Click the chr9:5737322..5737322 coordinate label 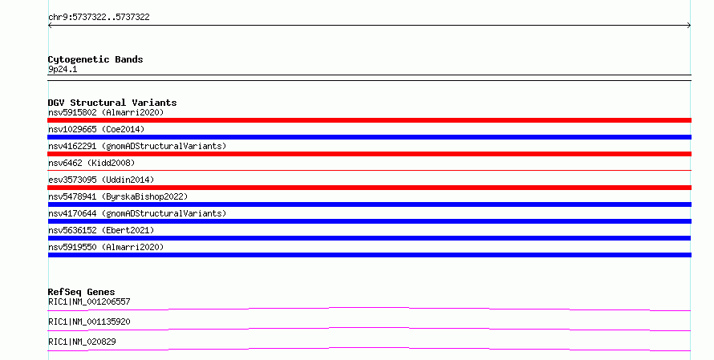(99, 18)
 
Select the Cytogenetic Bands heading (95, 59)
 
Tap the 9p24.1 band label (63, 70)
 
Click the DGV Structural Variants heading (112, 103)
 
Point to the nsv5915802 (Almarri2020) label (106, 112)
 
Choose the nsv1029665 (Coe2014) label (96, 129)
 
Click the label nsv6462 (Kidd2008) (91, 163)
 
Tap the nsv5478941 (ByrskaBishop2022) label (118, 196)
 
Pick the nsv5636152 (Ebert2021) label (101, 230)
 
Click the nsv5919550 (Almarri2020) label (106, 247)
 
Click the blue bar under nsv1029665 (369, 137)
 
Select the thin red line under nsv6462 (369, 170)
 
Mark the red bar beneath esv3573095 (369, 188)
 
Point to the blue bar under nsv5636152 (369, 238)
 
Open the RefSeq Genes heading (82, 292)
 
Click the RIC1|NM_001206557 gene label (89, 301)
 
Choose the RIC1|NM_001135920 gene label (89, 322)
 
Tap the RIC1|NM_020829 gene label (82, 342)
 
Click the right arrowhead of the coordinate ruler (690, 26)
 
